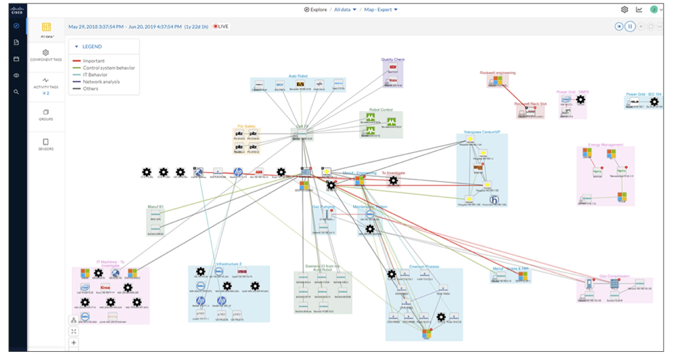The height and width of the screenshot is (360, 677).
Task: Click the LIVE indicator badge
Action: [220, 26]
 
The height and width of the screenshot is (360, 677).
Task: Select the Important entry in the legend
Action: [93, 61]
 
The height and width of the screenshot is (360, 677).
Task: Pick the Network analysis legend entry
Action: [101, 82]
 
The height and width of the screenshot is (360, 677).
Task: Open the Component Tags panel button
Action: [46, 55]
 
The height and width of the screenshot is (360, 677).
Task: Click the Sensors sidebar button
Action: [46, 144]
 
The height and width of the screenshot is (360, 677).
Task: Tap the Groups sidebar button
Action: [46, 114]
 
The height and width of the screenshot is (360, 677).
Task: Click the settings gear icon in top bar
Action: [624, 9]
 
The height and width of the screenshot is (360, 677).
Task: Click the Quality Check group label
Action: [392, 60]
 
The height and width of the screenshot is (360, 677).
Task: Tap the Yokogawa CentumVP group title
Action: [481, 131]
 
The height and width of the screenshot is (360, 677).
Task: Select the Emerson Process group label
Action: [424, 267]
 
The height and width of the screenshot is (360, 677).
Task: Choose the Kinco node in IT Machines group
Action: [105, 287]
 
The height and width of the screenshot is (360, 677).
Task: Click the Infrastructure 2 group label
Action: [229, 263]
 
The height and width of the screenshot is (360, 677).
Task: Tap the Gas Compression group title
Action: [615, 277]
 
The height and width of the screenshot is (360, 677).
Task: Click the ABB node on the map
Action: [259, 172]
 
